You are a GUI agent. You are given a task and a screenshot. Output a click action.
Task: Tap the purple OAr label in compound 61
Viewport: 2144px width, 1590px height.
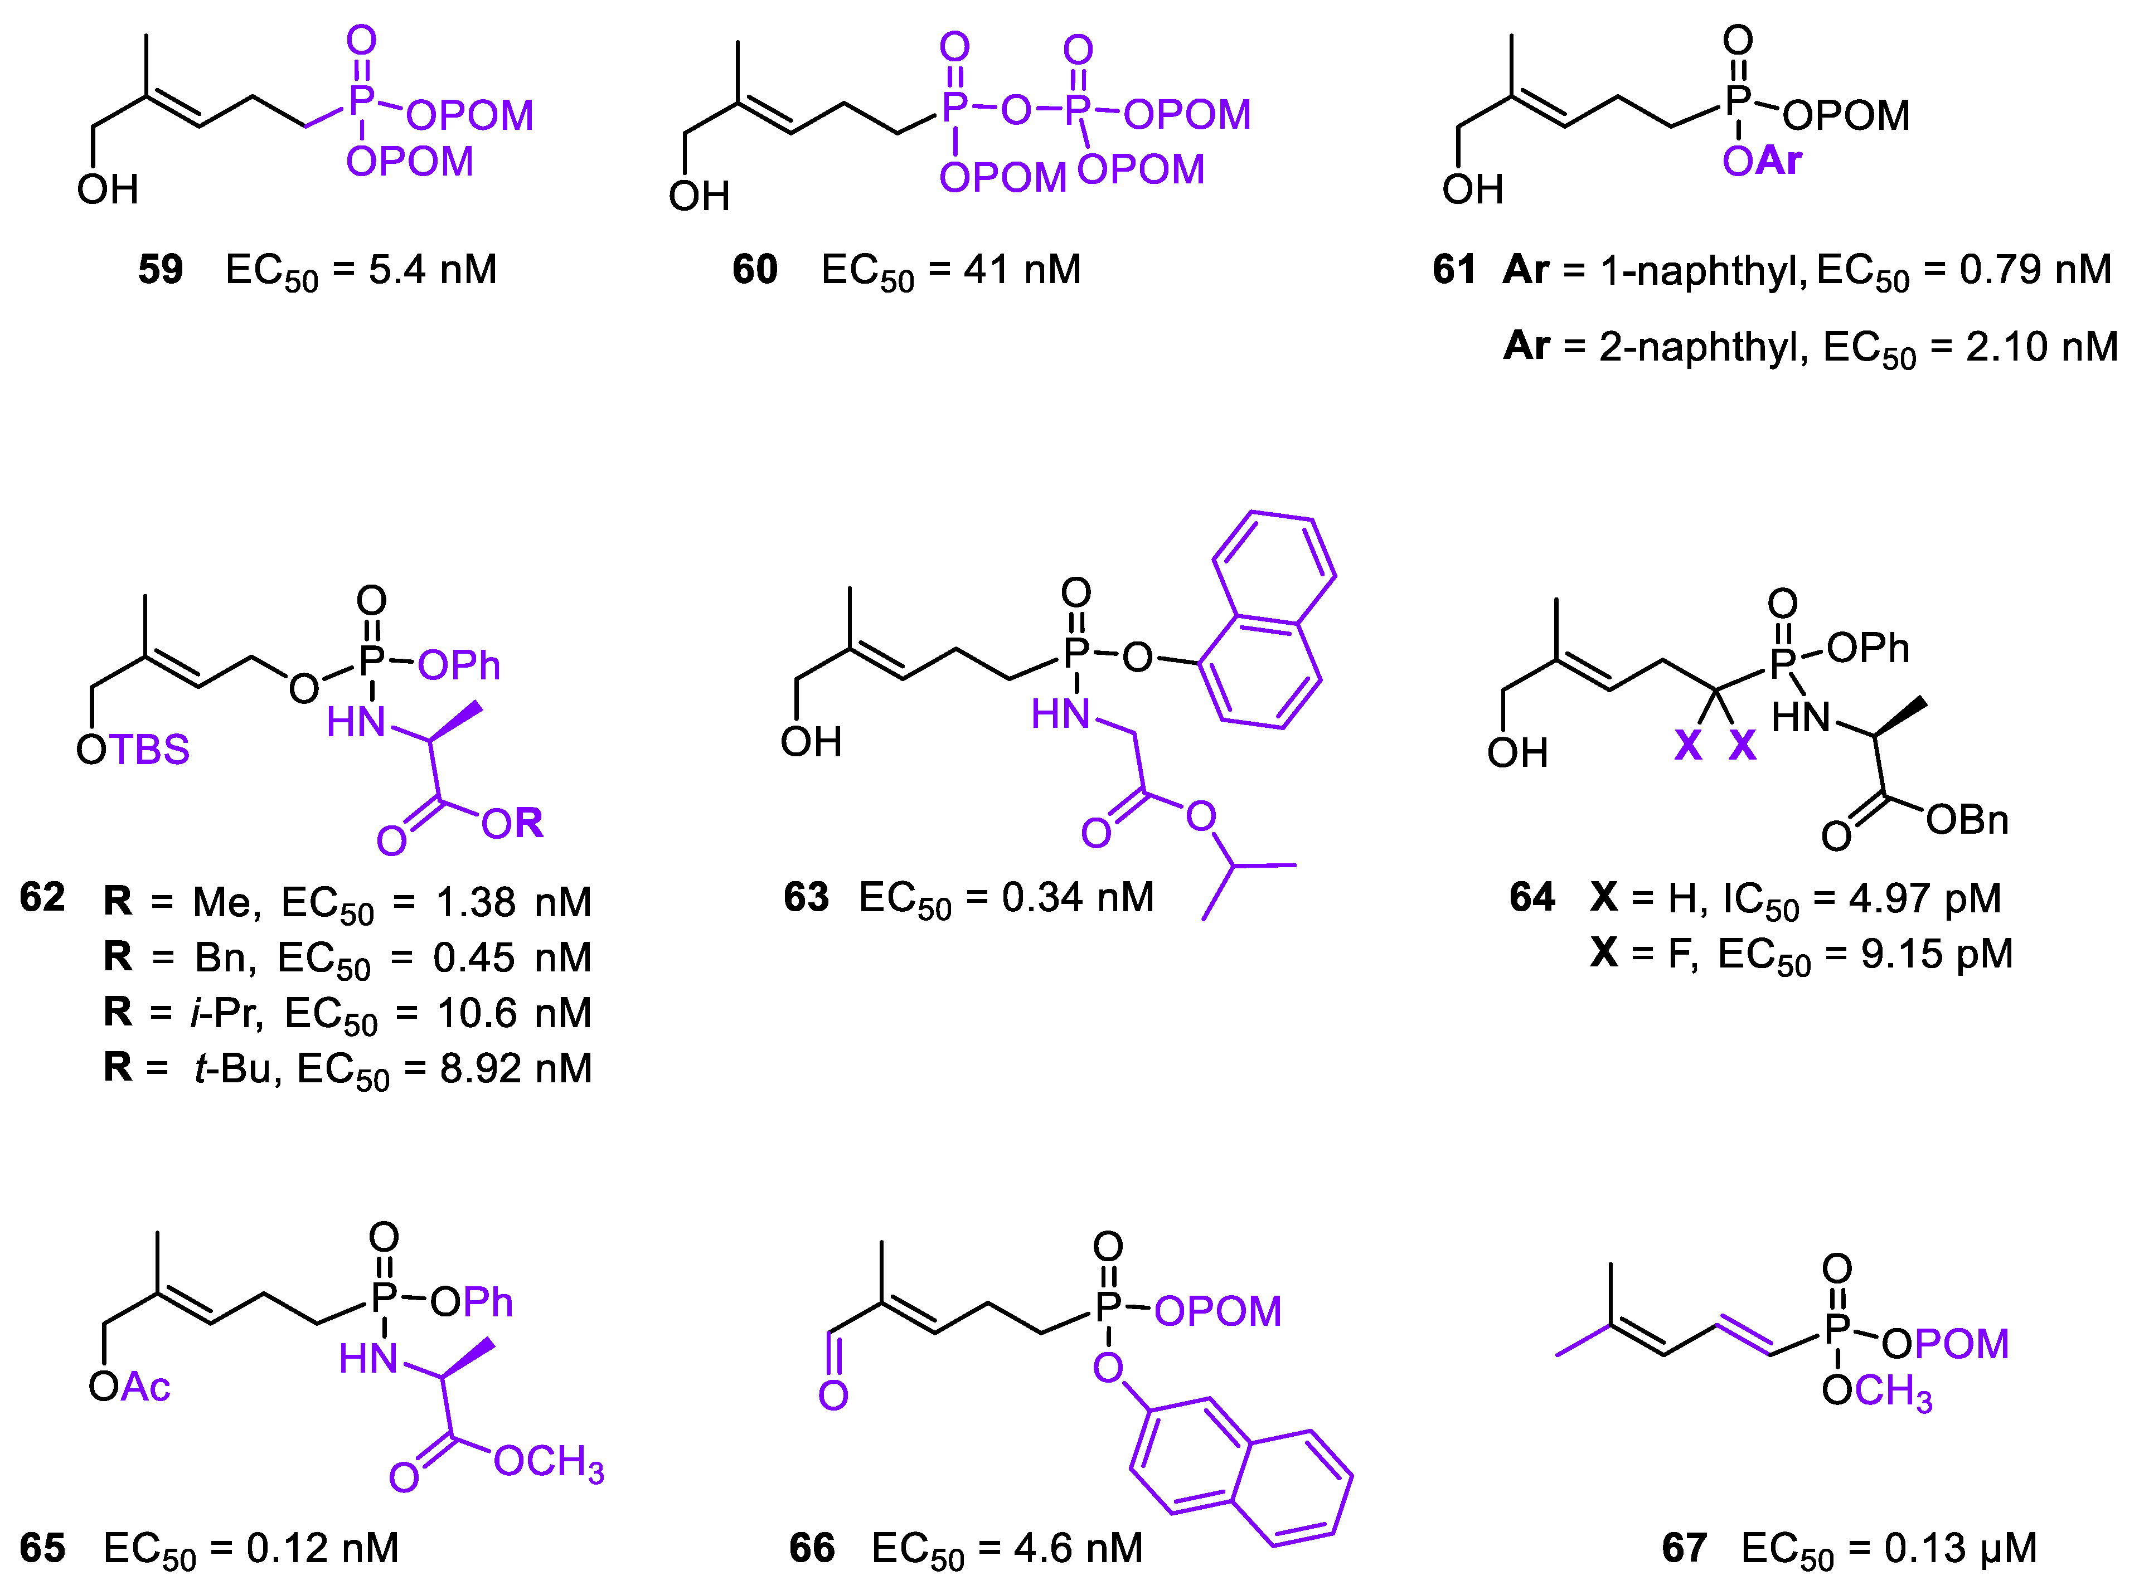tap(1761, 161)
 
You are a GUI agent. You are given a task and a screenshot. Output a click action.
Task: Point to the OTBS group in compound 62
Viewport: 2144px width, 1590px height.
tap(133, 750)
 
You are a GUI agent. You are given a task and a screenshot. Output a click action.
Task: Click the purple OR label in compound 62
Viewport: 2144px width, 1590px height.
tap(512, 824)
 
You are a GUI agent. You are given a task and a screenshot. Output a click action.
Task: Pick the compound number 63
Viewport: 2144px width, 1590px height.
tap(806, 898)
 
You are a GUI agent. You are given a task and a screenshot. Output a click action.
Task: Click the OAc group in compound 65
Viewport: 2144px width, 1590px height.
tap(129, 1388)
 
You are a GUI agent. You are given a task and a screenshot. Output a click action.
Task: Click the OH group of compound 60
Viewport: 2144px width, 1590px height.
tap(699, 196)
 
